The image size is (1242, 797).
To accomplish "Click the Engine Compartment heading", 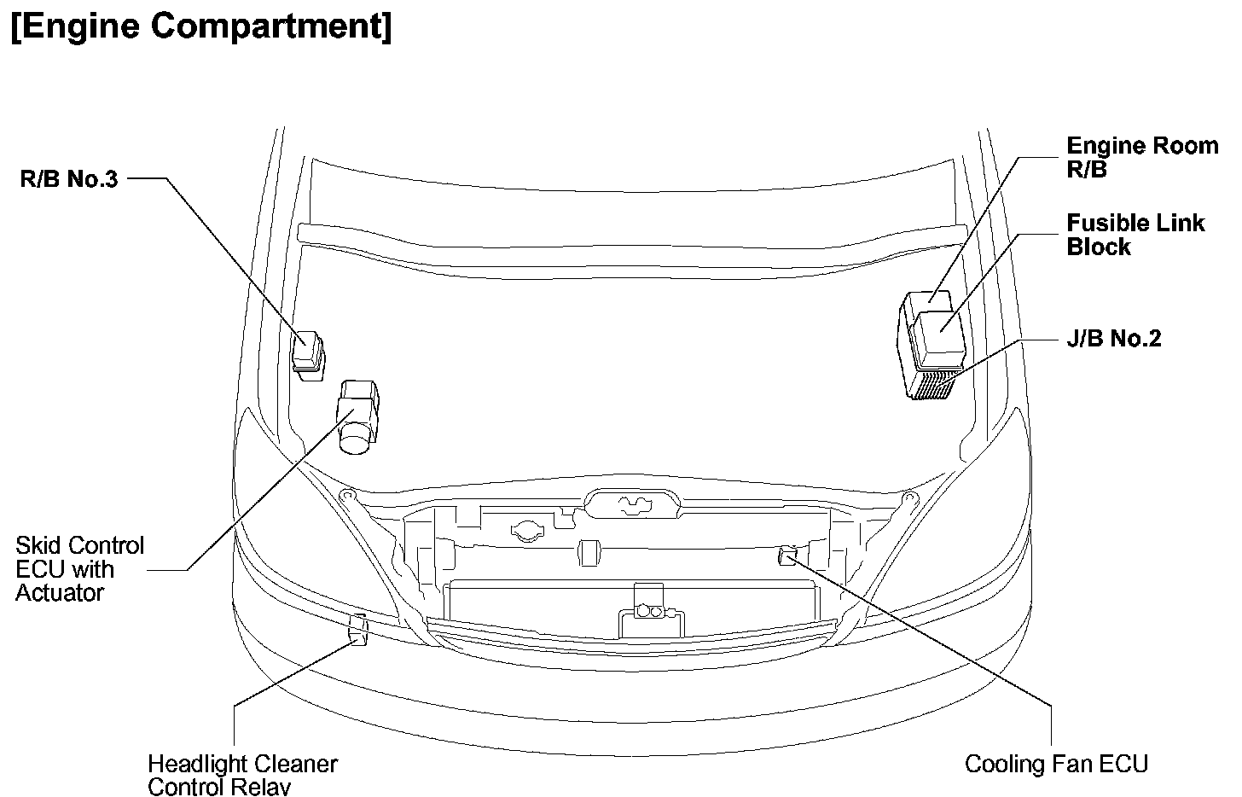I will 201,27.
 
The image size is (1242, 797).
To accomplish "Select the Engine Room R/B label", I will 1141,157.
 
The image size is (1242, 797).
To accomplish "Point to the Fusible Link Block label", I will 1135,235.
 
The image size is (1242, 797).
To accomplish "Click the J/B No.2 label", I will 1113,339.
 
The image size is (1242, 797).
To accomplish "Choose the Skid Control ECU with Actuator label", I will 80,568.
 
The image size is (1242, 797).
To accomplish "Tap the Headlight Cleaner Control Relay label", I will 242,774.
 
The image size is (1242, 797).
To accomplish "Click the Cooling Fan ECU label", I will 1056,763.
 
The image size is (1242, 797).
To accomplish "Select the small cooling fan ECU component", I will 786,556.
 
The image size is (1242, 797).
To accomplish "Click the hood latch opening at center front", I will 632,504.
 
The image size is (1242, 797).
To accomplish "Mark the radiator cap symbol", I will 526,532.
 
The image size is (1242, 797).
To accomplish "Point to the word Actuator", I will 60,592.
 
